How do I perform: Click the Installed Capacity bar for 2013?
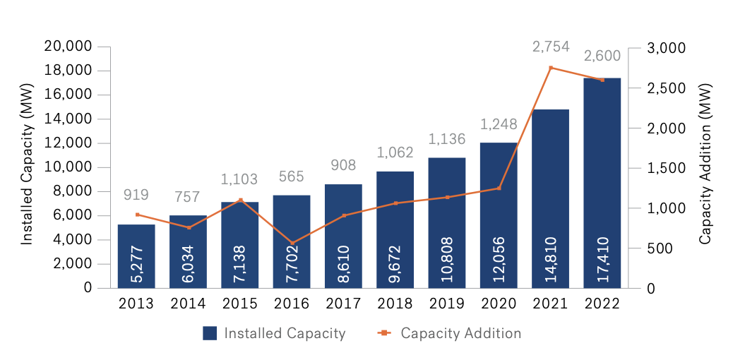coord(136,256)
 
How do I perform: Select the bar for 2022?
coord(602,184)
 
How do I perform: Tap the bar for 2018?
coord(395,229)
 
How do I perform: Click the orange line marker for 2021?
coord(551,68)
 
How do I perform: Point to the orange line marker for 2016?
coord(292,243)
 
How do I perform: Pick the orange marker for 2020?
coord(499,188)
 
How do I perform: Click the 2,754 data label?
coord(551,47)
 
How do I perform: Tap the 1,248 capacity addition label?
coord(499,124)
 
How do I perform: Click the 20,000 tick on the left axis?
coord(68,47)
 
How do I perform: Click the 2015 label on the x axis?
coord(239,304)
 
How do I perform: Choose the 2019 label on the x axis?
coord(447,304)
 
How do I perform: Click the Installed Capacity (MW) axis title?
coord(27,167)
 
